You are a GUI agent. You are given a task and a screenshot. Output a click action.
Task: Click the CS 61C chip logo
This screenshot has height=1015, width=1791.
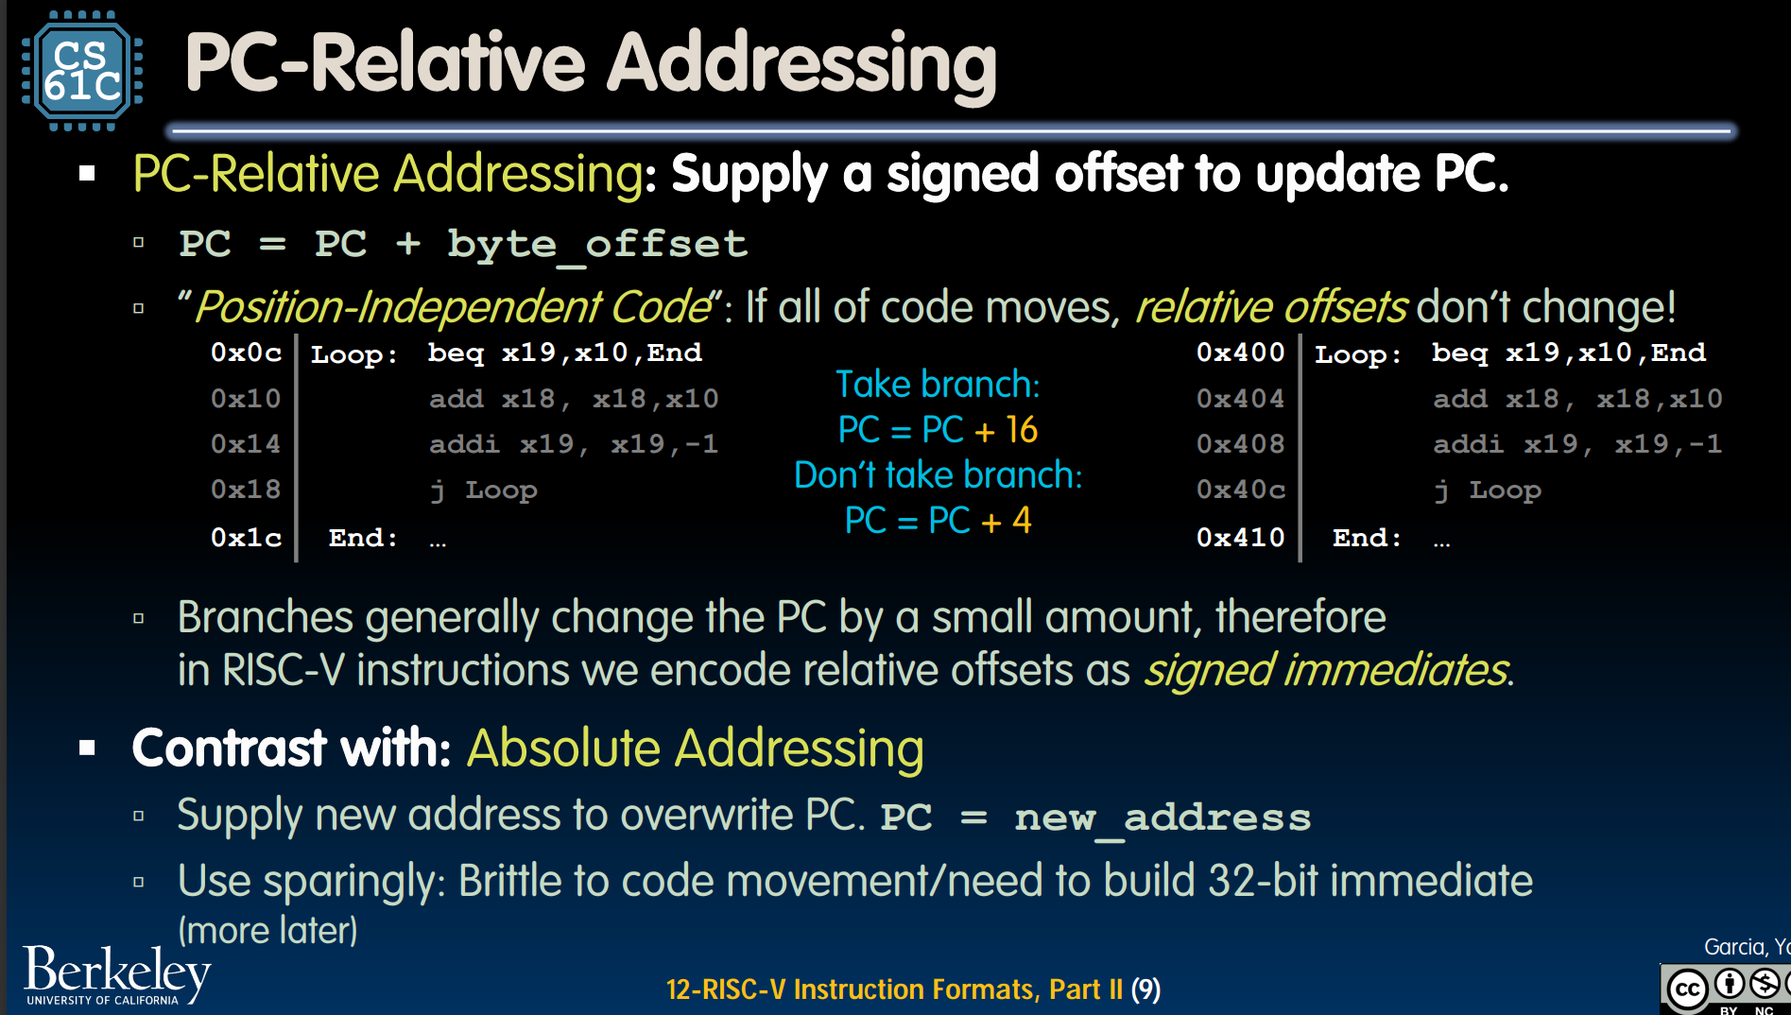coord(82,71)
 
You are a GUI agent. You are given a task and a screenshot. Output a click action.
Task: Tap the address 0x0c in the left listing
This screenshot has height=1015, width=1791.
coord(246,353)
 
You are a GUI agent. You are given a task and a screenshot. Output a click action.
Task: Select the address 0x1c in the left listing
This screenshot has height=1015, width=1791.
coord(246,538)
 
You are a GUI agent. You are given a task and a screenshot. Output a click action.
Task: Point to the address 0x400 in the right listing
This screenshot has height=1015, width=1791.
coord(1240,353)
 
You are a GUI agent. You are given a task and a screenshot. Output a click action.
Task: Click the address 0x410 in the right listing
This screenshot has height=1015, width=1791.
coord(1240,538)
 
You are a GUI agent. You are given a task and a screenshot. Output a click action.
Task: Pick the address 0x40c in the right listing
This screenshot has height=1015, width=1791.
coord(1240,490)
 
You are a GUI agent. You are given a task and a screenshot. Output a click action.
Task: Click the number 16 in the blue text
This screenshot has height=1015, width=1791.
coord(1021,430)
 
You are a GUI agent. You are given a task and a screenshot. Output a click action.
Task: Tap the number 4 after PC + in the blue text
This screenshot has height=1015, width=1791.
coord(1022,521)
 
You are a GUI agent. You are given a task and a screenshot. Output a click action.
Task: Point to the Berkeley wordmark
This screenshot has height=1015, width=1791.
coord(116,973)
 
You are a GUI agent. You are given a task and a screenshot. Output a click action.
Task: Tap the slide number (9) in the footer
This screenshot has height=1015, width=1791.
coord(1146,989)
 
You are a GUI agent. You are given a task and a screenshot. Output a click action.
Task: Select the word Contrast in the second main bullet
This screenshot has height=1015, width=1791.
coord(230,748)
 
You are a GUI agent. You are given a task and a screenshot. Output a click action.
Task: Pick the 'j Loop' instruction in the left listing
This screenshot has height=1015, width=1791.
coord(483,490)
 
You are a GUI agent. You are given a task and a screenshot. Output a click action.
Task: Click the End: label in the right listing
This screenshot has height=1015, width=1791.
coord(1367,538)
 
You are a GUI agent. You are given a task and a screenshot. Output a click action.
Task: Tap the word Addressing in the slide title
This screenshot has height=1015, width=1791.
coord(801,64)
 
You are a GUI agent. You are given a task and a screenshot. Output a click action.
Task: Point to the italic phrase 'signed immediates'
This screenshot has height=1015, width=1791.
coord(1326,670)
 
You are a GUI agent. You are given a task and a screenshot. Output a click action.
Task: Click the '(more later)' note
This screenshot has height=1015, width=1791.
coord(268,931)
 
